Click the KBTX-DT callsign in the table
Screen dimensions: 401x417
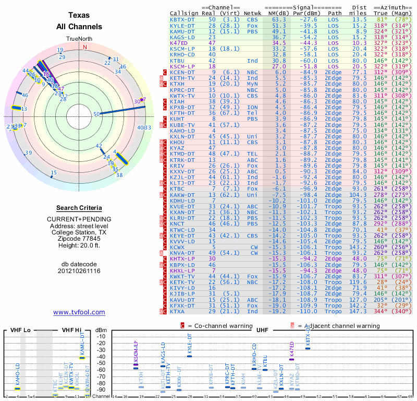[182, 19]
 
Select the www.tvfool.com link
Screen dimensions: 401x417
[79, 312]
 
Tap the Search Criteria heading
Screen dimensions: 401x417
[79, 208]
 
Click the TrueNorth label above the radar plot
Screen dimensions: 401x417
[79, 39]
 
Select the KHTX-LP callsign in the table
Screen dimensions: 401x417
[182, 258]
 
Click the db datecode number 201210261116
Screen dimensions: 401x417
[79, 271]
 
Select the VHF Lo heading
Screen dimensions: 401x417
[20, 330]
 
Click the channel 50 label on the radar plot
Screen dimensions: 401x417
[96, 114]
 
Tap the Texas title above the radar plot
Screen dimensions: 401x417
[79, 16]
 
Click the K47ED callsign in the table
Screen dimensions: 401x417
[179, 43]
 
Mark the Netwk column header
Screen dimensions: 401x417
[252, 13]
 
